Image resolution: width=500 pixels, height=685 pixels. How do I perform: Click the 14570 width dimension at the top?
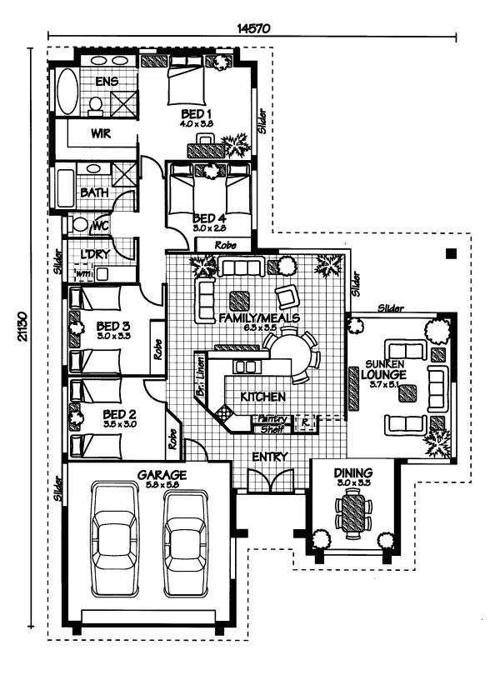click(x=252, y=27)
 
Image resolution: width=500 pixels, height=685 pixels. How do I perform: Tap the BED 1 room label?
click(x=197, y=113)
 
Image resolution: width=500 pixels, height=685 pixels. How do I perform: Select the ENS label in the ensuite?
click(x=107, y=81)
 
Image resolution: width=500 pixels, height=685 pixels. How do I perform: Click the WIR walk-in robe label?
click(x=102, y=133)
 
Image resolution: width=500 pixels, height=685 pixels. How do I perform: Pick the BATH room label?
click(x=93, y=192)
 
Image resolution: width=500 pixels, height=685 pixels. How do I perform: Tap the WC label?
click(x=102, y=225)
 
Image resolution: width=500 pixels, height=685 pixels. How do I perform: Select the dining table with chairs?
click(x=354, y=512)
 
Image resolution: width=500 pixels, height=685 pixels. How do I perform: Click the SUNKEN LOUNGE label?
click(x=383, y=370)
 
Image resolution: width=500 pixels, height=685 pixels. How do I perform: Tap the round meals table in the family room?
click(x=287, y=350)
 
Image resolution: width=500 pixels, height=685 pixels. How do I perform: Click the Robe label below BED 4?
click(x=223, y=246)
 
